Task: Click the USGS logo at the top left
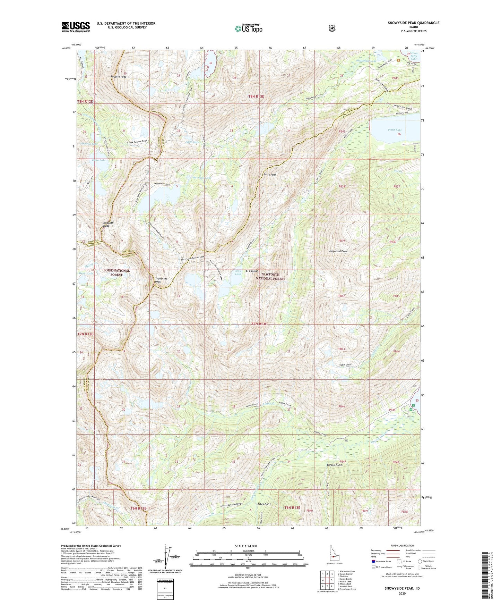[x=76, y=27]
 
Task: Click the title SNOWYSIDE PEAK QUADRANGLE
[x=413, y=23]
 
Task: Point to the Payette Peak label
[x=119, y=77]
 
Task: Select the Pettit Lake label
[x=395, y=130]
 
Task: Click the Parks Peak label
[x=269, y=175]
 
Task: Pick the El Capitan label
[x=252, y=271]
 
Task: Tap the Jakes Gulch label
[x=264, y=504]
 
